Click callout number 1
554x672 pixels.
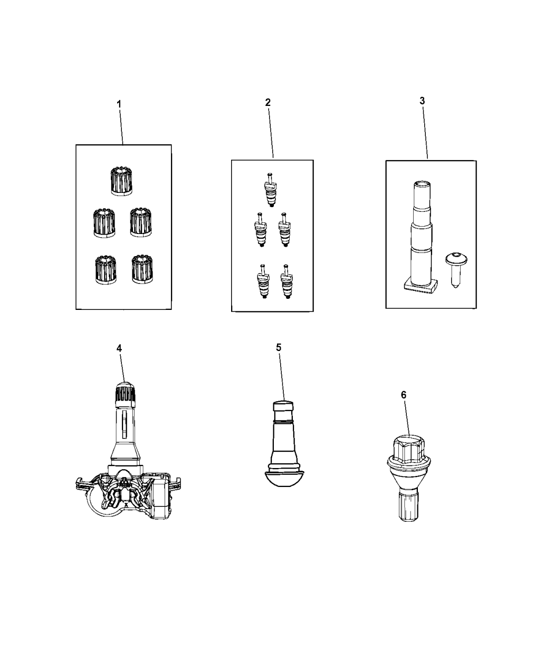[119, 104]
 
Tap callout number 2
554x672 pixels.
[268, 102]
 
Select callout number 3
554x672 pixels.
[422, 101]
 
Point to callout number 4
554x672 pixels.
[119, 348]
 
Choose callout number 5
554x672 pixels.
[279, 347]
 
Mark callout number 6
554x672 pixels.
[404, 395]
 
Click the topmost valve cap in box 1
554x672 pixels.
[121, 181]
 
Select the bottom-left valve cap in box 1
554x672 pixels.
[106, 270]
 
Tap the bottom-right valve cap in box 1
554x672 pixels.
[142, 269]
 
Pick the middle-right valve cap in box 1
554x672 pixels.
[141, 222]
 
